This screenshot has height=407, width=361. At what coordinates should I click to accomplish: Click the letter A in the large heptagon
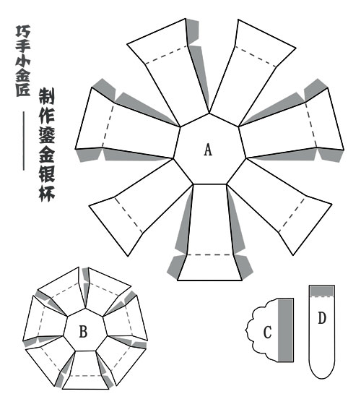[208, 150]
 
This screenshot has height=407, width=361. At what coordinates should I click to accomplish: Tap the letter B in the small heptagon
[83, 332]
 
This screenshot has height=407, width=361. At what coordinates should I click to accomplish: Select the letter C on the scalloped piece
[267, 333]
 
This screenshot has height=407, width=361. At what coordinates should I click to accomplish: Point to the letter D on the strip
[322, 318]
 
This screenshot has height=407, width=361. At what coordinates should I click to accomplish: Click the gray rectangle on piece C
[286, 330]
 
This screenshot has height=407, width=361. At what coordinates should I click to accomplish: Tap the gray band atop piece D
[322, 291]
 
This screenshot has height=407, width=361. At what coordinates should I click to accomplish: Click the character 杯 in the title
[47, 193]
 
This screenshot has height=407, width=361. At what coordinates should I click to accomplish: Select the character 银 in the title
[47, 173]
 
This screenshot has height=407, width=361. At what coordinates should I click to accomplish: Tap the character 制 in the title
[47, 95]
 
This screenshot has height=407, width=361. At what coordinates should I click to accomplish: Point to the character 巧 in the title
[23, 31]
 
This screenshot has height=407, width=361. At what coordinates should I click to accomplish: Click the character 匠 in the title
[23, 90]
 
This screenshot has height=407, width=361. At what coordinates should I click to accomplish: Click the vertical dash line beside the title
[24, 141]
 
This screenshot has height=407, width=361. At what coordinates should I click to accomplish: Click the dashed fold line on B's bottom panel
[85, 375]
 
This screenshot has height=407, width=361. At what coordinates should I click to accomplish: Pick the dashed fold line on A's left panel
[108, 126]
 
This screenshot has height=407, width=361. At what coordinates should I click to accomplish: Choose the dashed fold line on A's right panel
[311, 125]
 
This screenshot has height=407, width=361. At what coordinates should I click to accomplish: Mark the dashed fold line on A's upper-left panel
[166, 55]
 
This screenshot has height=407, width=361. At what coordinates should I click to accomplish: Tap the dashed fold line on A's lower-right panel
[292, 215]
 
